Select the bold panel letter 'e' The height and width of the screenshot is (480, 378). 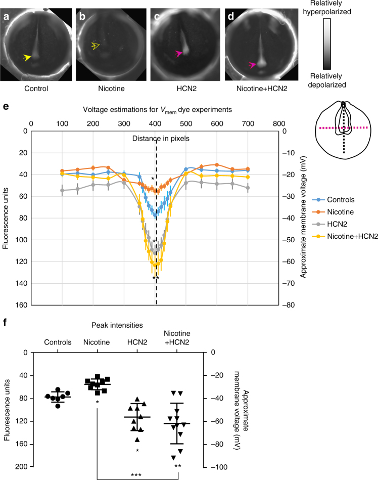point(6,108)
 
